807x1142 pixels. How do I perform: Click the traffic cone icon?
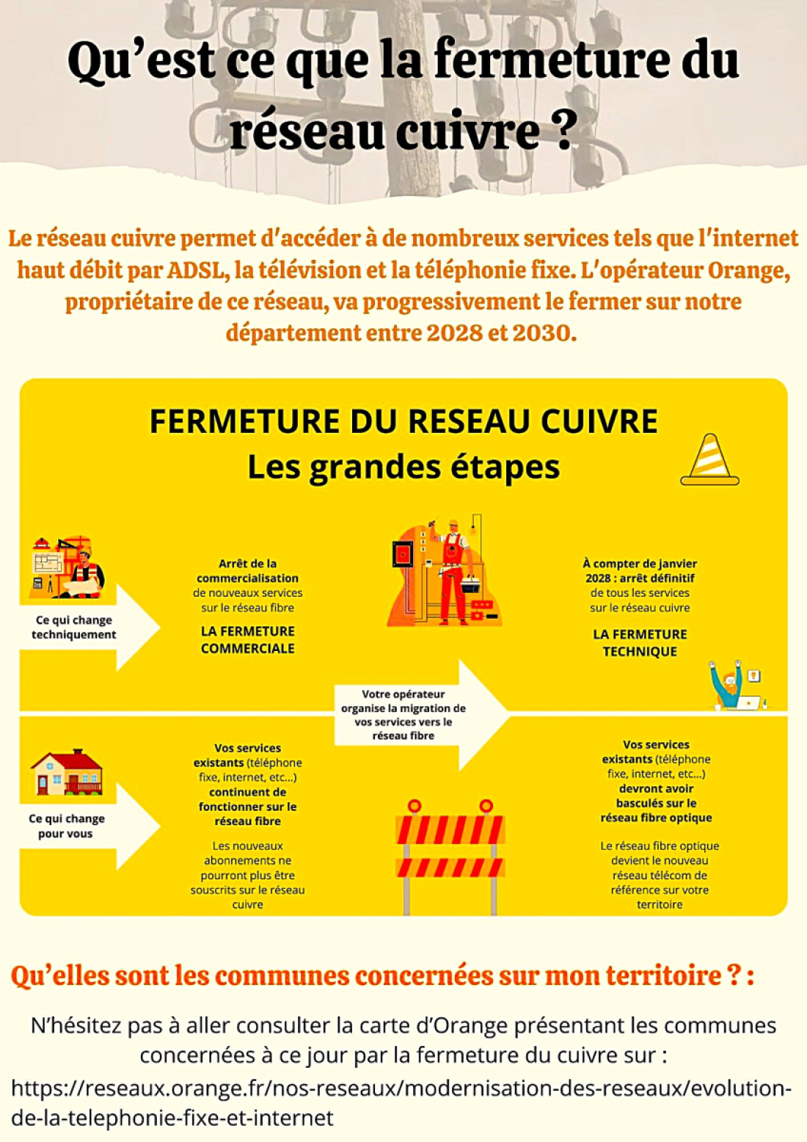click(709, 459)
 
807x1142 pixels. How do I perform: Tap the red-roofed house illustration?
click(67, 772)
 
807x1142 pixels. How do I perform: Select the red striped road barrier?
click(450, 857)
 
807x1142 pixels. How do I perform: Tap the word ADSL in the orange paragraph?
click(196, 271)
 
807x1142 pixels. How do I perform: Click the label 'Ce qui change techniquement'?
click(74, 627)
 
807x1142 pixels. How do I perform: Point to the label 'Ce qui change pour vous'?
click(66, 826)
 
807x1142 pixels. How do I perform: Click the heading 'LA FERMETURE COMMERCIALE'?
click(248, 639)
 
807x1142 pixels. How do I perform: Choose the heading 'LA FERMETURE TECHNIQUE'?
click(640, 642)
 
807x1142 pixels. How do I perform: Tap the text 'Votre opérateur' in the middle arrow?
click(403, 694)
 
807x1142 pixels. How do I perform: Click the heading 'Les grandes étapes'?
click(403, 467)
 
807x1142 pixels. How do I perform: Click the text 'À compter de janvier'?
click(640, 564)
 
